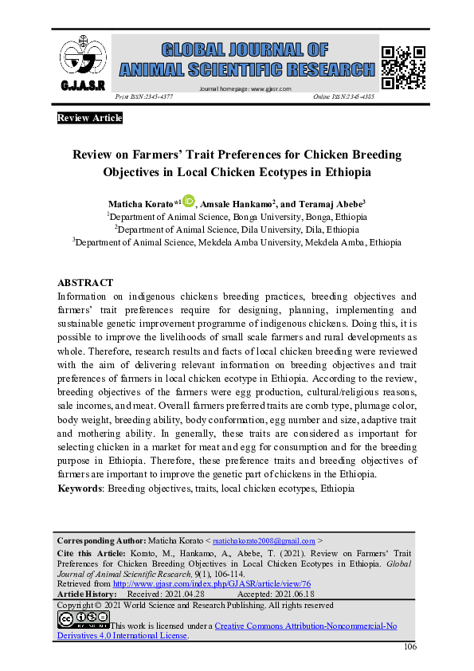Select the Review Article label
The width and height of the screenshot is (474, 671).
click(90, 119)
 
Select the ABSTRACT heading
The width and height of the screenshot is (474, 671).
click(86, 283)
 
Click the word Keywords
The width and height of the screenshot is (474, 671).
click(80, 487)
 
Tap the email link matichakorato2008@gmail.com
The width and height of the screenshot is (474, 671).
click(264, 540)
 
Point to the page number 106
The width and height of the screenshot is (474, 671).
click(410, 646)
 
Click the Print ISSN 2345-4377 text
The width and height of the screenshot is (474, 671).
click(145, 96)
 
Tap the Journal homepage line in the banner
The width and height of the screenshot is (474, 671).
click(245, 88)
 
